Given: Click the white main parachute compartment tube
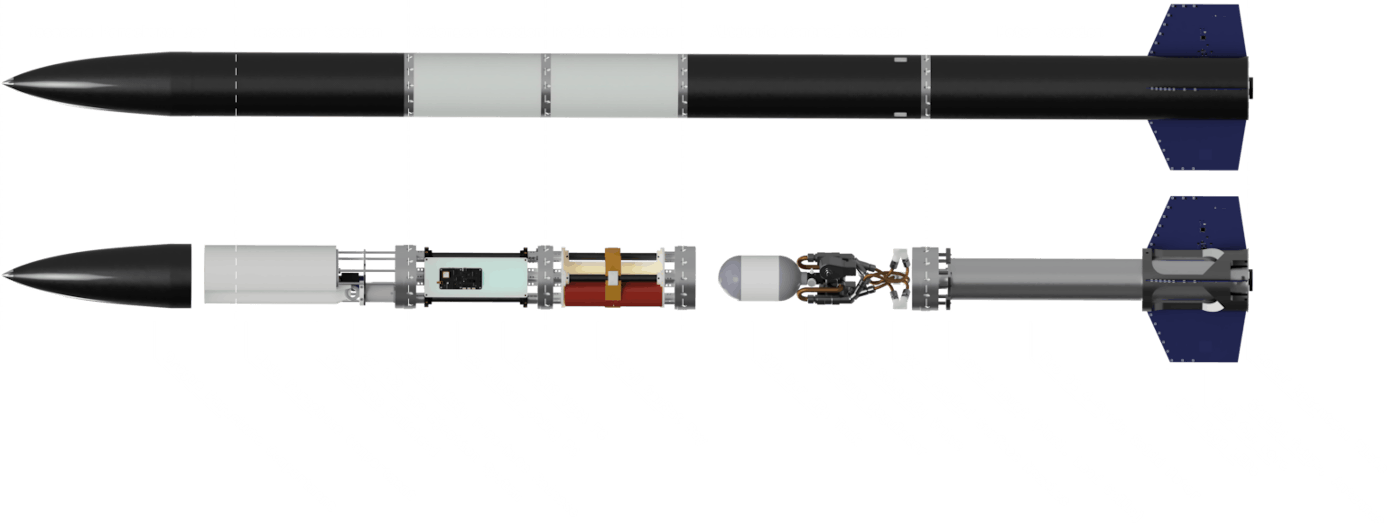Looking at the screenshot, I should coord(269,275).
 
